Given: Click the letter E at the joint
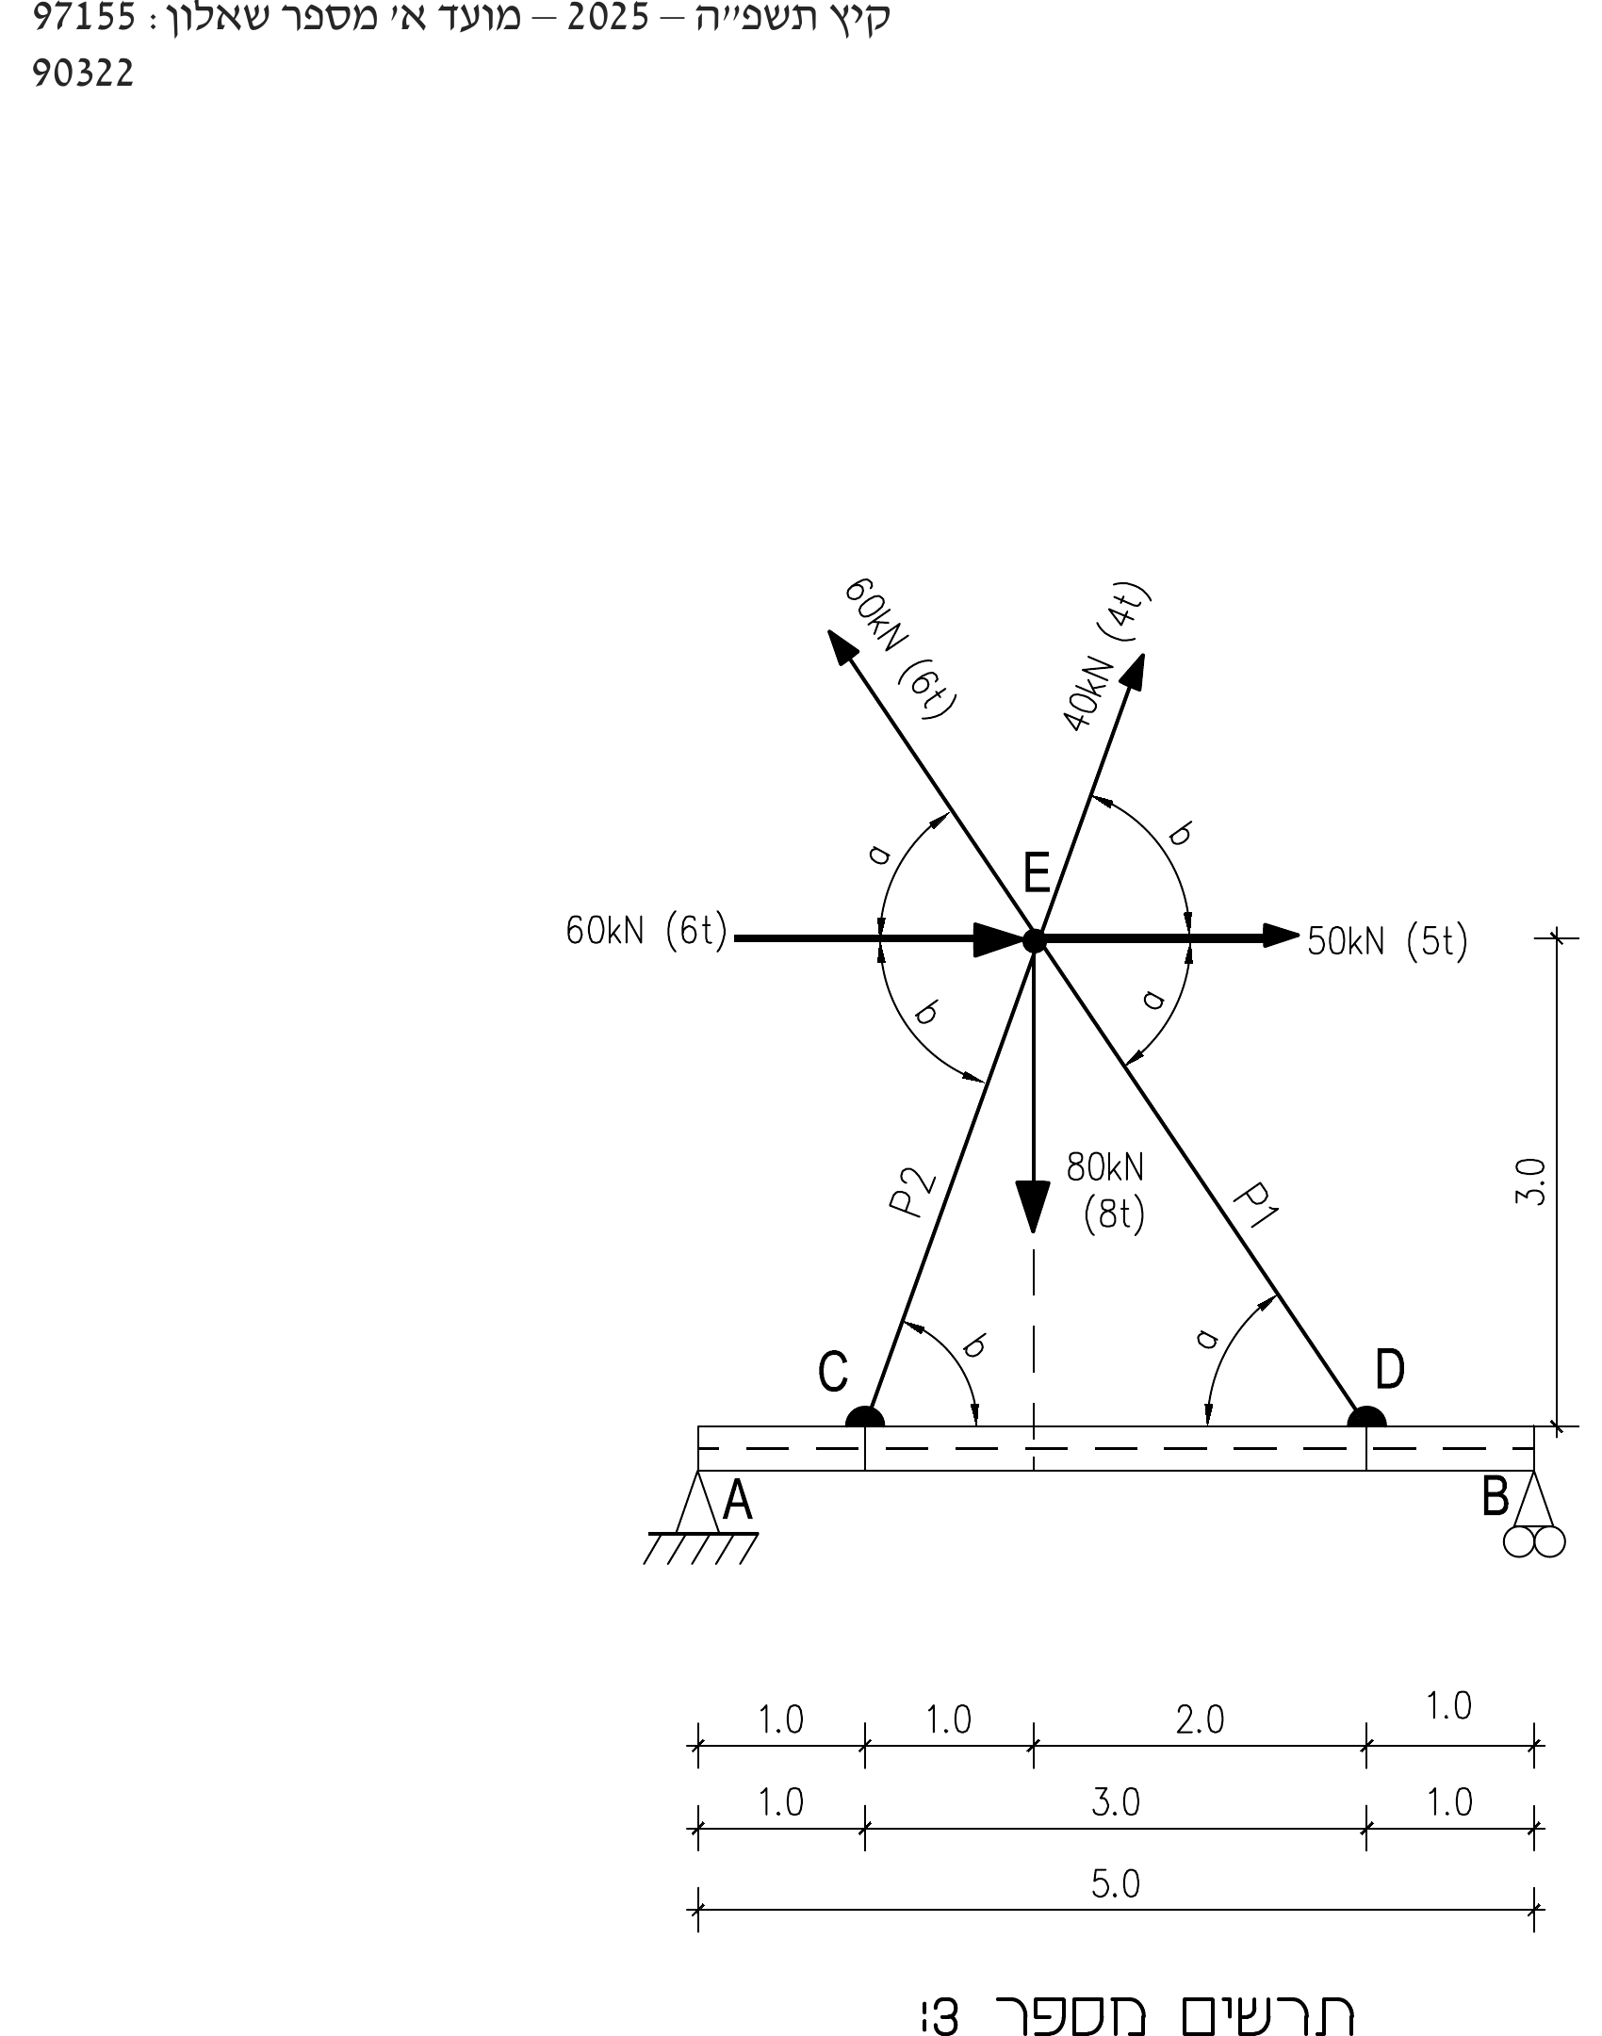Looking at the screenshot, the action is (1037, 871).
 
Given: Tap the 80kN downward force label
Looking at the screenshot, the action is (1105, 1191).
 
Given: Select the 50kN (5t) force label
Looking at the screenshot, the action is (1387, 942).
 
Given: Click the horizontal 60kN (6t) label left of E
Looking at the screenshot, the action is (646, 932).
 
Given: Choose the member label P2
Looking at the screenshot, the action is (911, 1192).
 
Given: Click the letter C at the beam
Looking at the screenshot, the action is (833, 1372).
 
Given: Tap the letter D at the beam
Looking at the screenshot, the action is (1390, 1369).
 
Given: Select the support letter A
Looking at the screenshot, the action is (737, 1501).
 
